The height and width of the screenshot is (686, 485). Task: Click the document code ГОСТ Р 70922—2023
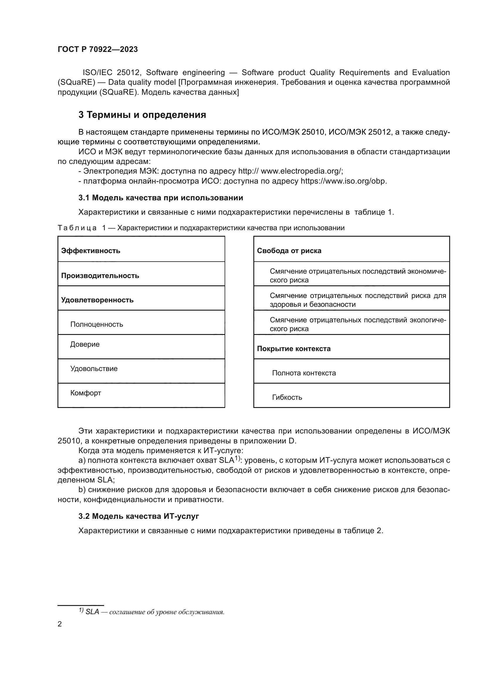(x=98, y=49)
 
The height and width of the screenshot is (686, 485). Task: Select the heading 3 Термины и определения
(x=142, y=115)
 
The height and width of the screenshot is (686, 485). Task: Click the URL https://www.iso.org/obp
(x=343, y=181)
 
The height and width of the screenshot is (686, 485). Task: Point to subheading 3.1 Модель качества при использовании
(x=161, y=198)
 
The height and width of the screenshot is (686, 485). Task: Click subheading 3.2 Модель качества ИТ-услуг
(x=139, y=516)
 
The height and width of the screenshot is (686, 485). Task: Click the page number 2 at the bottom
(x=60, y=624)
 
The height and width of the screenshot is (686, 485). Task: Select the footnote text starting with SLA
(x=155, y=612)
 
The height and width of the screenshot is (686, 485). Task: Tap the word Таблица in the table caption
(x=77, y=228)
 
